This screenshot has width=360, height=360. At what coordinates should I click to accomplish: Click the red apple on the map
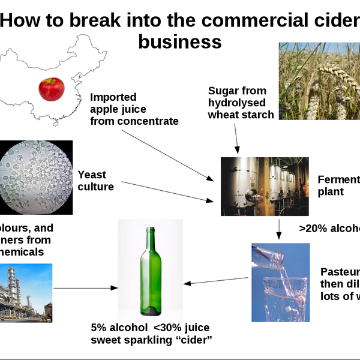point(52,89)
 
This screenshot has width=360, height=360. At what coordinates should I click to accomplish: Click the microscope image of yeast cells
point(36,177)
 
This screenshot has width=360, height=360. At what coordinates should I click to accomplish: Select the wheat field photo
point(319,82)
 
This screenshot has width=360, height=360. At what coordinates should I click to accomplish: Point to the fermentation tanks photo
point(264,186)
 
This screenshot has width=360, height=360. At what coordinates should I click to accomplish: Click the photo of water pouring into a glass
point(280,282)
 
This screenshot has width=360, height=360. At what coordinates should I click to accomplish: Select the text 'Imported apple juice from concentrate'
point(134,109)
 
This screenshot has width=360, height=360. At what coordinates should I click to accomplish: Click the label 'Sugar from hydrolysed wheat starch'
point(241,103)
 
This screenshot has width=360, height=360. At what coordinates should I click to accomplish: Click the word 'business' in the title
point(179,43)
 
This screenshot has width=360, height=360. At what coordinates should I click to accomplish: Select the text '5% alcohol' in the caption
point(118,328)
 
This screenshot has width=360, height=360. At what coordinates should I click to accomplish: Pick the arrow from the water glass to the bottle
point(216,281)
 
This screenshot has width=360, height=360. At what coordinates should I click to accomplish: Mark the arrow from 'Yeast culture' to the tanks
point(162,191)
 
